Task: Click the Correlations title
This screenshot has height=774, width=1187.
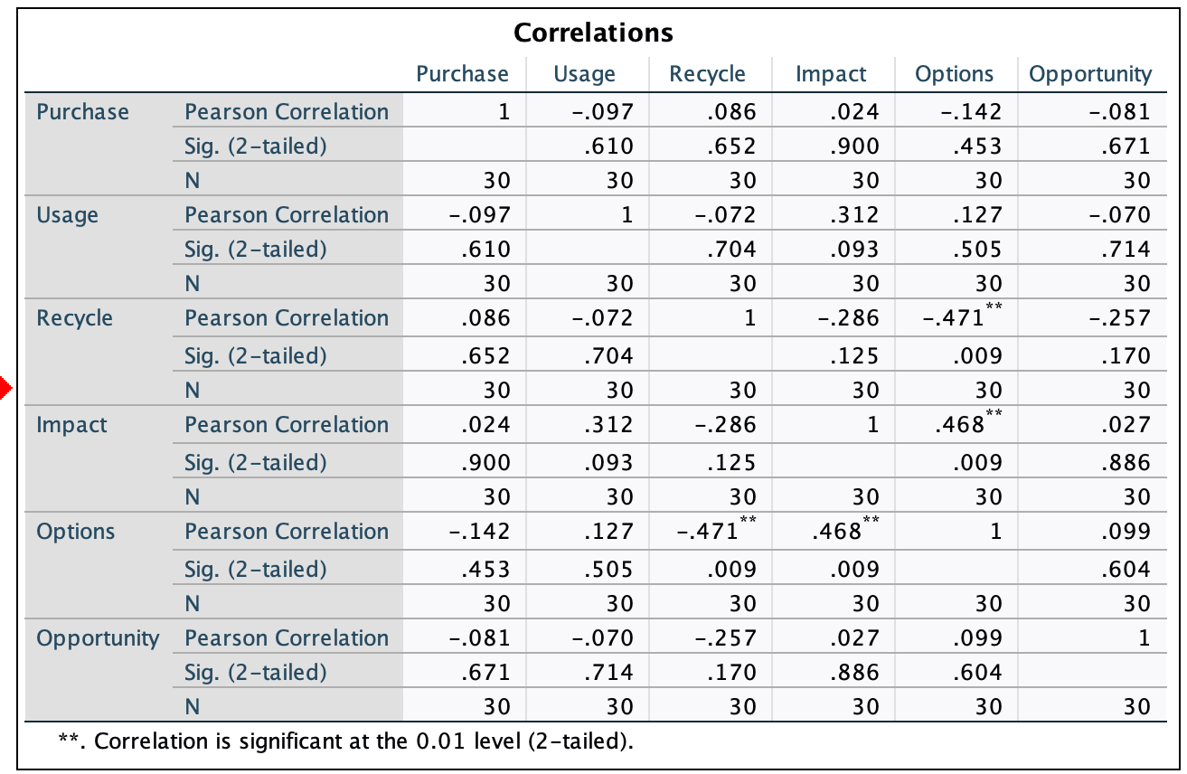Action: [x=593, y=33]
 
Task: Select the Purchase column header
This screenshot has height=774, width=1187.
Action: [x=462, y=74]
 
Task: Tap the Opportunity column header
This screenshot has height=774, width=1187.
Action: [x=1090, y=74]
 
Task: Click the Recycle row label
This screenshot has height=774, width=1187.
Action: [x=74, y=318]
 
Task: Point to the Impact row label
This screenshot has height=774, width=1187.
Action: [x=71, y=425]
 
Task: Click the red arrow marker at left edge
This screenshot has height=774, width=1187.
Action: [x=5, y=390]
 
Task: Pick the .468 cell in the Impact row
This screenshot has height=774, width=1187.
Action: [x=964, y=425]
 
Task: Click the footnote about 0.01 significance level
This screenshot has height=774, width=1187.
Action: [x=346, y=741]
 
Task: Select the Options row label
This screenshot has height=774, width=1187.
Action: [x=75, y=532]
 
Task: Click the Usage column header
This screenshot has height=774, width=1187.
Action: [x=584, y=74]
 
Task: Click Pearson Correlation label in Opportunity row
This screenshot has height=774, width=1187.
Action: [x=287, y=638]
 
